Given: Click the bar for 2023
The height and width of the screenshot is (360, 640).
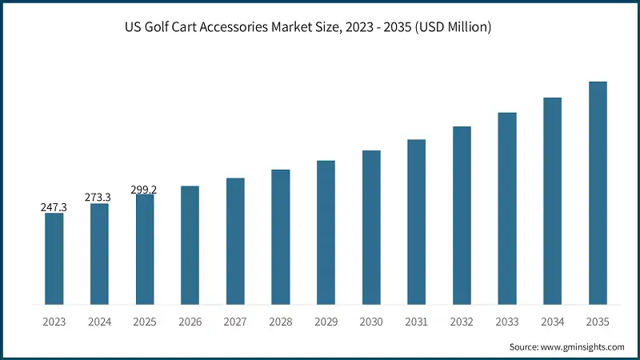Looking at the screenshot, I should [54, 258].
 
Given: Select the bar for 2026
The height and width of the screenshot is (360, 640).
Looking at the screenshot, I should [190, 245].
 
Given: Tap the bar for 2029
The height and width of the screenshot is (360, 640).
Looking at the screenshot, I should [326, 232].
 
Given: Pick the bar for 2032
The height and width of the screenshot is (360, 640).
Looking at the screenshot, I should [462, 215].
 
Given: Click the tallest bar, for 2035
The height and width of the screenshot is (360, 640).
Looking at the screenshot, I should [598, 193].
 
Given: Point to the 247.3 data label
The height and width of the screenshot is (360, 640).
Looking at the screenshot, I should [54, 207].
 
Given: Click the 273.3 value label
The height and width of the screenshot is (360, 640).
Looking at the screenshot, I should [99, 197].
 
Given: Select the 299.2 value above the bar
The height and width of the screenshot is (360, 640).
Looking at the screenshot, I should [144, 190].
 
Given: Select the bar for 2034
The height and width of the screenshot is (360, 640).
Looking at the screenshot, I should [553, 201].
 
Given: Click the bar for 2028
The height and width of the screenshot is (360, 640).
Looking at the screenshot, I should [280, 237].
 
